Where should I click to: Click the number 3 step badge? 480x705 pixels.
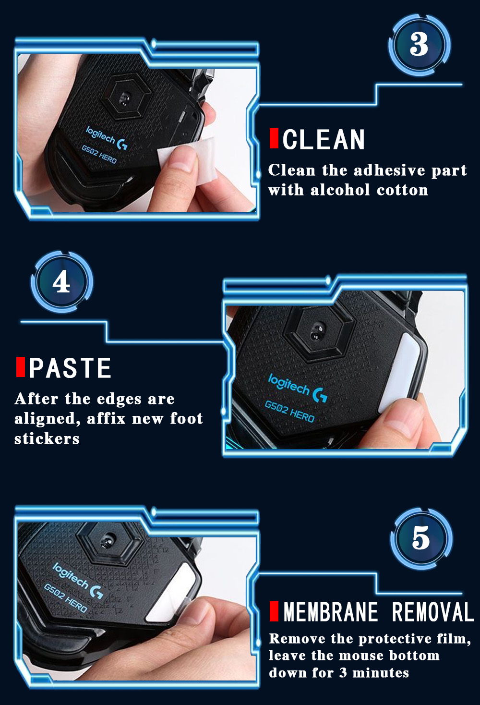tap(420, 45)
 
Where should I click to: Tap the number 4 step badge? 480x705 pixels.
tap(61, 282)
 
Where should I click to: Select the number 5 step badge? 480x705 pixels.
tap(421, 538)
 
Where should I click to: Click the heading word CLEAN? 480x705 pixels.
tap(324, 139)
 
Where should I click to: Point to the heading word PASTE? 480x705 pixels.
tap(70, 367)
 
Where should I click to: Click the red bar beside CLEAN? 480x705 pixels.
tap(274, 138)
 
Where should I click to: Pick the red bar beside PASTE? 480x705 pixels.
tap(21, 366)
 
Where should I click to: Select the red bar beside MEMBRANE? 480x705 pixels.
tap(274, 611)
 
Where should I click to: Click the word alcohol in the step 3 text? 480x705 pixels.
tap(340, 190)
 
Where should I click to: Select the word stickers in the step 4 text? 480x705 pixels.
tap(47, 438)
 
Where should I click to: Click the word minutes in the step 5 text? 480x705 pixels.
tap(381, 672)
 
